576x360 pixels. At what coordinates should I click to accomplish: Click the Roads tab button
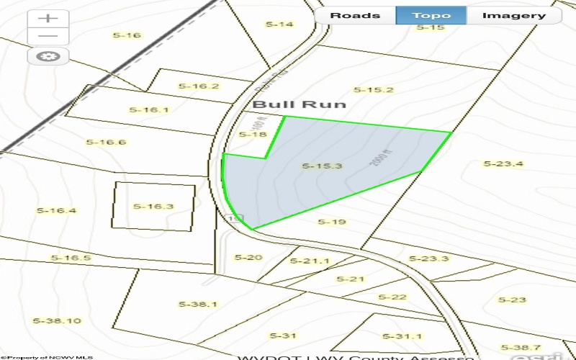coord(356,15)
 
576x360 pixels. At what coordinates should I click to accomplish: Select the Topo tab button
coord(431,15)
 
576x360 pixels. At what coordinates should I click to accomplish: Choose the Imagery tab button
coord(513,15)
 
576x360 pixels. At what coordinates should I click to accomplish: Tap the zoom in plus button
coord(48,18)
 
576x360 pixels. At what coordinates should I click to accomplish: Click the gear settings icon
coord(48,56)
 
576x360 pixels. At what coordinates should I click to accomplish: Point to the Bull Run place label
coord(299,104)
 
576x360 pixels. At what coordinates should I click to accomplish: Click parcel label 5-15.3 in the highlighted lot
coord(321,166)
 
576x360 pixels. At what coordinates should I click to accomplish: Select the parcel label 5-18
coord(253,135)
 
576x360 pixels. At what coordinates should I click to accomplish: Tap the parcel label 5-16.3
coord(153,207)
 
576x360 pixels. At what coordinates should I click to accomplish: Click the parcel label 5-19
coord(332,222)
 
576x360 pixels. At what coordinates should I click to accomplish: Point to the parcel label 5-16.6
coord(106,142)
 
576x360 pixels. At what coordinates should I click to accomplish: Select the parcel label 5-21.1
coord(309,261)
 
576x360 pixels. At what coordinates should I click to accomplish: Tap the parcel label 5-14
coord(280,24)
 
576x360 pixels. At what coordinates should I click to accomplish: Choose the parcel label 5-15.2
coord(374,90)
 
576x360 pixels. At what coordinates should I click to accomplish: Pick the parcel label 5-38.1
coord(198,304)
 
